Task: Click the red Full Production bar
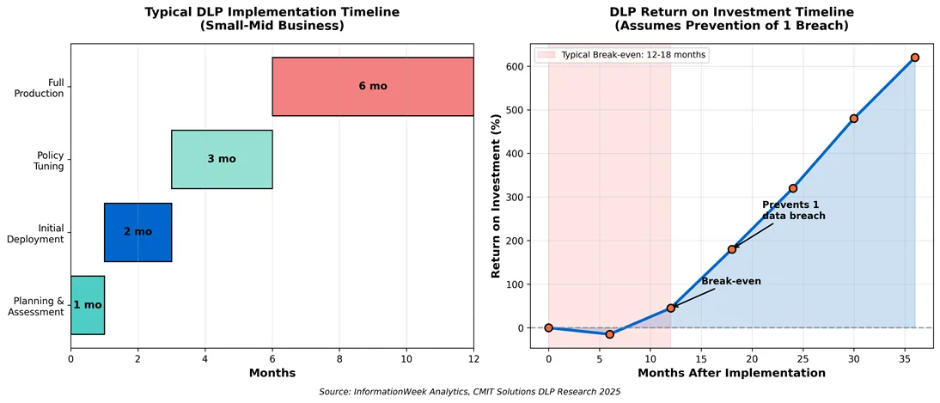click(x=372, y=87)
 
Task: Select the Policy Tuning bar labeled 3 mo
click(x=222, y=159)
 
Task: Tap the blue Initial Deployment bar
click(x=137, y=232)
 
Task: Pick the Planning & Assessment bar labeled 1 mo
click(x=87, y=305)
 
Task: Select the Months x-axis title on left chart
click(x=272, y=373)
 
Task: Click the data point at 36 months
click(x=915, y=58)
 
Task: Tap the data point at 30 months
click(x=854, y=119)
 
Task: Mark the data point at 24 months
click(x=793, y=188)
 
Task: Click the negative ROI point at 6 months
click(x=609, y=334)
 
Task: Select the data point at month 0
click(x=548, y=327)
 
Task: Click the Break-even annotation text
click(x=730, y=281)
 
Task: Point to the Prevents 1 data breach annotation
click(x=793, y=211)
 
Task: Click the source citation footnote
click(x=469, y=392)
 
